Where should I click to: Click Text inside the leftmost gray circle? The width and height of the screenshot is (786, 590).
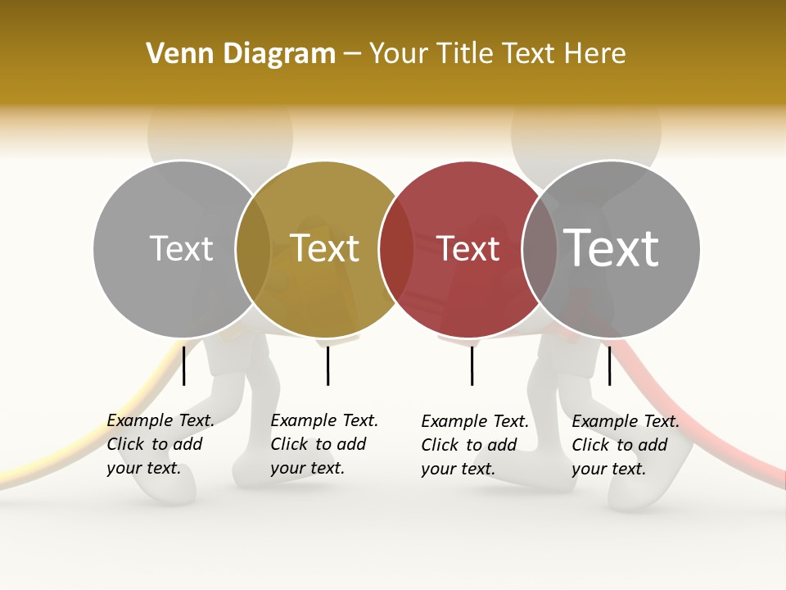pyautogui.click(x=181, y=248)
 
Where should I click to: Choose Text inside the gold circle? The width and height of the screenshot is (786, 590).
pyautogui.click(x=325, y=248)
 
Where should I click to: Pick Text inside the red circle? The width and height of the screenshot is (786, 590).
pyautogui.click(x=468, y=249)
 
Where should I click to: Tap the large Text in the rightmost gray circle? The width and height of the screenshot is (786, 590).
pyautogui.click(x=612, y=248)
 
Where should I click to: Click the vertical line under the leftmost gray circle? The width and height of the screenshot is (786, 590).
pyautogui.click(x=184, y=365)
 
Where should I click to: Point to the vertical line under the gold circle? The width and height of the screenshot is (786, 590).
pyautogui.click(x=327, y=365)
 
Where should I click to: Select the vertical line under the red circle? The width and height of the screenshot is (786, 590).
pyautogui.click(x=472, y=365)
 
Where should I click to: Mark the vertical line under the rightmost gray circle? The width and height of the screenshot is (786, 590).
pyautogui.click(x=609, y=365)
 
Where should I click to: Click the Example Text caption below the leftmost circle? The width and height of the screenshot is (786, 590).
pyautogui.click(x=160, y=444)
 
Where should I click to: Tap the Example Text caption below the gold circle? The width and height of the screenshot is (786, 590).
pyautogui.click(x=323, y=444)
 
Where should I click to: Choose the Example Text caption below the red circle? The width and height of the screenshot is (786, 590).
pyautogui.click(x=474, y=445)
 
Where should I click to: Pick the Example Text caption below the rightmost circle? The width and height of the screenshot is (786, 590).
pyautogui.click(x=625, y=445)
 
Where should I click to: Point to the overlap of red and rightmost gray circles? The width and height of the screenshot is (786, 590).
pyautogui.click(x=540, y=249)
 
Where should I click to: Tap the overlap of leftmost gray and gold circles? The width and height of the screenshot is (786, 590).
pyautogui.click(x=253, y=249)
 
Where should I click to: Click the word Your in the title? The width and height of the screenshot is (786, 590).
pyautogui.click(x=398, y=54)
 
